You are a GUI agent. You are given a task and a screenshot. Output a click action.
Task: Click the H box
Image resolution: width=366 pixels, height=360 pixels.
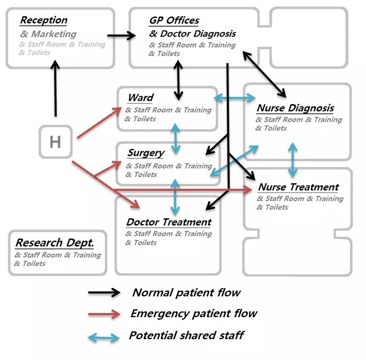55,142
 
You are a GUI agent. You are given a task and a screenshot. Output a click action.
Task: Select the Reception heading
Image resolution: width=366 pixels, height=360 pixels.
44,20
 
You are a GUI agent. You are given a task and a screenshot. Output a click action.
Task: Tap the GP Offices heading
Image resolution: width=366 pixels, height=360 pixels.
174,20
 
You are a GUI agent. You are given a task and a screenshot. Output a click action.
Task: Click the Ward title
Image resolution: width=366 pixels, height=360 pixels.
140,98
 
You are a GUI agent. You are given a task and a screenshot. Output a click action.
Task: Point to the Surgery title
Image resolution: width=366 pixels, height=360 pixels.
146,153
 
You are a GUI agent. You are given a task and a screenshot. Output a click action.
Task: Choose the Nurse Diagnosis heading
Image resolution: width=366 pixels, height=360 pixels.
295,108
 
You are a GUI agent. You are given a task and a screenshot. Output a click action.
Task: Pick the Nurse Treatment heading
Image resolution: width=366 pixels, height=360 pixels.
298,187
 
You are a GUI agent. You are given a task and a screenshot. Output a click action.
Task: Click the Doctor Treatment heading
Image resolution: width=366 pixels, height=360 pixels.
169,222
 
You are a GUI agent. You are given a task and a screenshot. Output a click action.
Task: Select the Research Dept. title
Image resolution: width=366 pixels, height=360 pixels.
54,243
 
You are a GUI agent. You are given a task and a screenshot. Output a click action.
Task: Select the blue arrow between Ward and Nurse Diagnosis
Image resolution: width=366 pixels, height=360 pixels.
234,98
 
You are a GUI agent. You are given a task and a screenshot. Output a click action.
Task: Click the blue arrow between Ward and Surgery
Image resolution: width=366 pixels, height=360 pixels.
176,138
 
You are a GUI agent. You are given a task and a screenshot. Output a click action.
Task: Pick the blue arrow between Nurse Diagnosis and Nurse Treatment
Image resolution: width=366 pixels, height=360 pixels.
293,160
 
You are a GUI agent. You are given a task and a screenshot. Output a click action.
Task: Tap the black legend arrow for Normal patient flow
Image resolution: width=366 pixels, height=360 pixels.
104,293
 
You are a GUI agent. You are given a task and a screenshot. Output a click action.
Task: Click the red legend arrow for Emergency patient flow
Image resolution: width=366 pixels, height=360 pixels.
104,314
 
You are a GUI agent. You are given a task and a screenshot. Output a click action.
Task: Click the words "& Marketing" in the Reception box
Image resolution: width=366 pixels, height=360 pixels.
48,34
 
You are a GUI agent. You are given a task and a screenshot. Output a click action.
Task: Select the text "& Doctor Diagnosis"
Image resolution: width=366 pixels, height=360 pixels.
192,34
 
